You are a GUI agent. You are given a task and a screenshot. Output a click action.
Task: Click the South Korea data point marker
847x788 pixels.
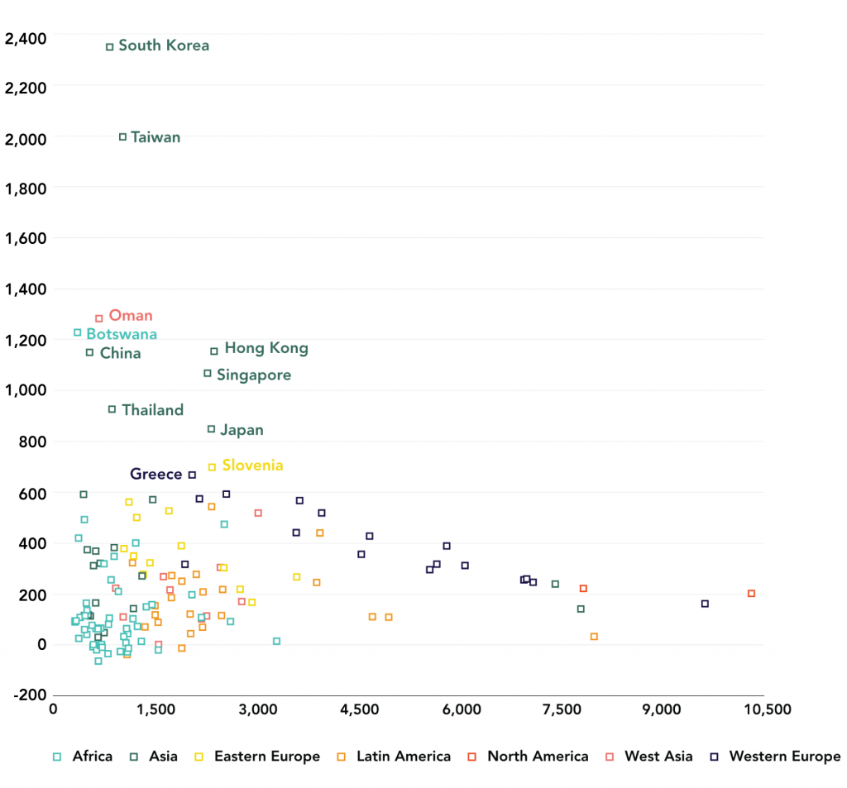(x=110, y=47)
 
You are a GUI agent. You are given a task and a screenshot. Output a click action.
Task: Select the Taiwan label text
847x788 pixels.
(x=156, y=137)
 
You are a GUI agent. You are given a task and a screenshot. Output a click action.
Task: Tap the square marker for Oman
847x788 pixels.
(x=99, y=318)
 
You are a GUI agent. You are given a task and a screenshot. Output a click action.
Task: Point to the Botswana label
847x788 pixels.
(x=122, y=334)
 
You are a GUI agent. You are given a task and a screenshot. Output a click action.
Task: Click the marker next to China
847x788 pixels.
(x=89, y=353)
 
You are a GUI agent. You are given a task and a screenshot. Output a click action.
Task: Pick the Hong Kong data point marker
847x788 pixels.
(x=214, y=351)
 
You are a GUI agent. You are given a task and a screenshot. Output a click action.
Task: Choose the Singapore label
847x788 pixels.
(x=254, y=375)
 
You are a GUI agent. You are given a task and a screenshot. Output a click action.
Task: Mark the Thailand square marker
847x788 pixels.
(x=112, y=409)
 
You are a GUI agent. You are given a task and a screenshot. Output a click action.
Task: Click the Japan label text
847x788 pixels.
(x=242, y=430)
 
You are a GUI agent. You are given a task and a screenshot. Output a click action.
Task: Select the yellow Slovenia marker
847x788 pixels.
(x=212, y=467)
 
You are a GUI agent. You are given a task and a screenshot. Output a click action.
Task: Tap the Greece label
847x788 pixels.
(x=156, y=474)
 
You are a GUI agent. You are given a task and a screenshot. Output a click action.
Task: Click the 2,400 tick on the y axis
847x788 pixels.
(x=25, y=37)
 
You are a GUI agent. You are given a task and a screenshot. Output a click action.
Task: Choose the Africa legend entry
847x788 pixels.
(x=83, y=756)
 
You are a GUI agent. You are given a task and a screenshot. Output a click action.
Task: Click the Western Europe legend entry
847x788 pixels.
(x=774, y=756)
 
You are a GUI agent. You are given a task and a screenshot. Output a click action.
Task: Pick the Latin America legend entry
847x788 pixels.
(x=395, y=756)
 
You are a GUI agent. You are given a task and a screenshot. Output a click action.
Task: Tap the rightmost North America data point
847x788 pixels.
(x=751, y=594)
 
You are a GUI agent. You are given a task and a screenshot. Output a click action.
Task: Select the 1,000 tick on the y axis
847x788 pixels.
(x=25, y=390)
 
